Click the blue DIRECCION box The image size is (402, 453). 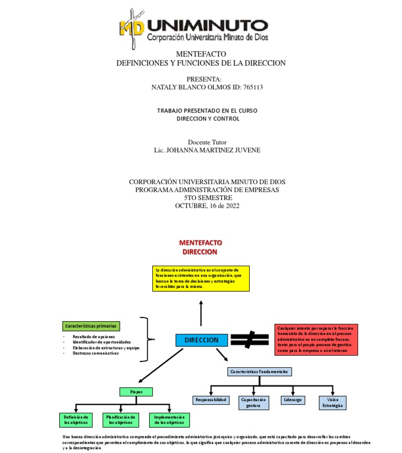click(x=202, y=340)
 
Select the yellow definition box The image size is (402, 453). click(x=202, y=278)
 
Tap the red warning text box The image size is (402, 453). click(x=316, y=339)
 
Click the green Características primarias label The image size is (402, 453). click(x=91, y=326)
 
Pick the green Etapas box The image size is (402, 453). click(x=136, y=391)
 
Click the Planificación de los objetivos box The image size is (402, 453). click(x=121, y=420)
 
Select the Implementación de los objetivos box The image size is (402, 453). click(x=169, y=420)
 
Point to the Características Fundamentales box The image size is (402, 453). click(x=259, y=371)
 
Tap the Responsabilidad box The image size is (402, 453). click(x=210, y=400)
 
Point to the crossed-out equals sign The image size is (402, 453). click(x=250, y=339)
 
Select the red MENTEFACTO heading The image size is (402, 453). click(x=200, y=243)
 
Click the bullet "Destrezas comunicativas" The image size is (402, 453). click(x=96, y=353)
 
